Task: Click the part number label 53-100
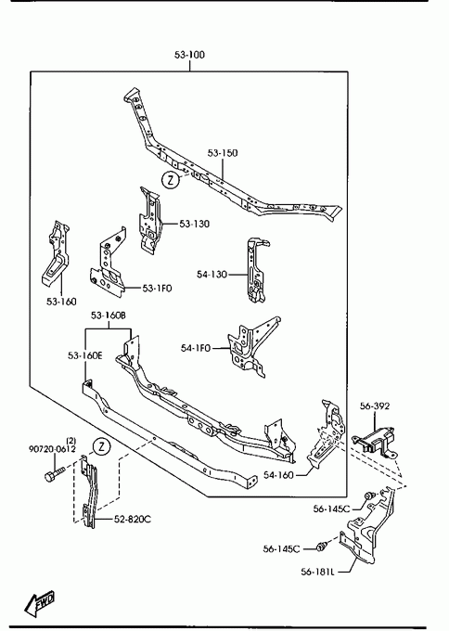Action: coord(189,55)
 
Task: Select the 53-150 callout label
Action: coord(223,153)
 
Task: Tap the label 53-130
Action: coord(194,224)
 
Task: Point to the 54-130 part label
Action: coord(212,274)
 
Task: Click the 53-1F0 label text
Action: coord(158,289)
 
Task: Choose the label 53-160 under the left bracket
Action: coord(61,302)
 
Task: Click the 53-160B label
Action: coord(109,315)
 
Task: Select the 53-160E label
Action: coord(85,355)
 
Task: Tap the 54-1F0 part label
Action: coord(196,348)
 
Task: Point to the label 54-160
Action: coord(279,475)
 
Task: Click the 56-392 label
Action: coord(375,406)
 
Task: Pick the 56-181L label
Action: coord(317,572)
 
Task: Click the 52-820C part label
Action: coord(133,519)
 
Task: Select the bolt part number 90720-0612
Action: coord(52,449)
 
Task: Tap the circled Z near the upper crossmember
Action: coord(171,180)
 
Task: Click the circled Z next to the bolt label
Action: coord(101,446)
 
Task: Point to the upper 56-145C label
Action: coord(331,509)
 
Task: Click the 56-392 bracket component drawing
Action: coord(374,442)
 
